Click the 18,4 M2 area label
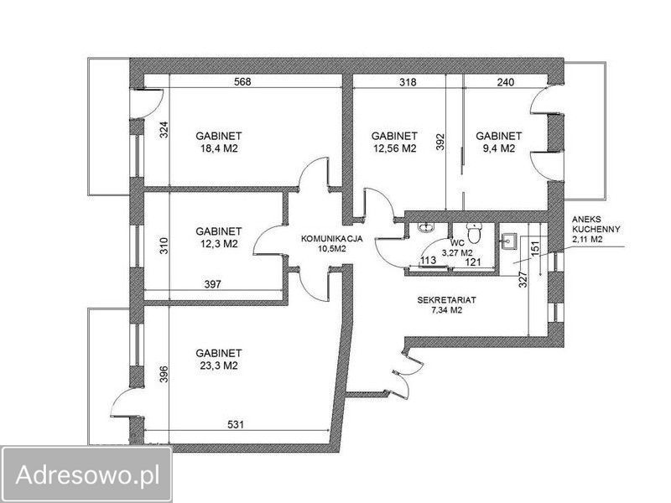point(219,149)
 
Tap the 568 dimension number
point(242,81)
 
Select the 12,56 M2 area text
point(394,149)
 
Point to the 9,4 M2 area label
point(498,149)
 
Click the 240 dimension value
point(506,81)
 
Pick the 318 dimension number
point(408,81)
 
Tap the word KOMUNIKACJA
point(332,239)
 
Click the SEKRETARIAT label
point(447,300)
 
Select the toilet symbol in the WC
point(474,233)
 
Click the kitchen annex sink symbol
point(510,241)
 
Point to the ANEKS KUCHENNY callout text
point(596,229)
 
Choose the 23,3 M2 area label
point(219,366)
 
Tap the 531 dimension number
point(236,424)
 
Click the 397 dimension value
point(213,284)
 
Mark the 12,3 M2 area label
point(219,244)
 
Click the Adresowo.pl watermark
point(87,474)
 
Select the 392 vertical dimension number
point(440,143)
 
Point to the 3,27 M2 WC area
point(457,252)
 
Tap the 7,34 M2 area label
point(447,310)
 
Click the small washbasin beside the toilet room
point(425,227)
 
